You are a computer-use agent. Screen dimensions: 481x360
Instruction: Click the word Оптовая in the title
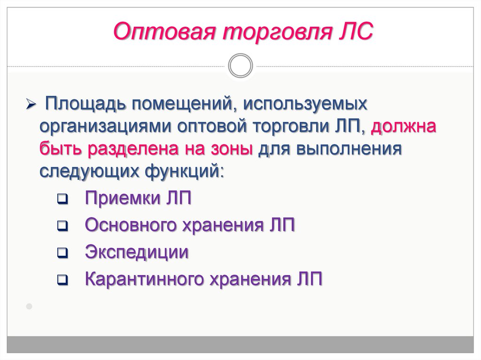(164, 31)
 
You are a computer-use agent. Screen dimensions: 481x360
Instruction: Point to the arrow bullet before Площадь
(31, 104)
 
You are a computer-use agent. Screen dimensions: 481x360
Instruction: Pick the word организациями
(105, 127)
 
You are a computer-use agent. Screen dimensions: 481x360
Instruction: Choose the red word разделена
(133, 149)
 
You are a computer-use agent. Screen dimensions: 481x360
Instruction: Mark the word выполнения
(349, 149)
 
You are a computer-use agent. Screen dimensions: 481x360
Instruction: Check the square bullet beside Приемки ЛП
(62, 199)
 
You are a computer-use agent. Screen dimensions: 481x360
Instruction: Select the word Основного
(131, 225)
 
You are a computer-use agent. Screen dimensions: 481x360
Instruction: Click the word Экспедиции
(137, 253)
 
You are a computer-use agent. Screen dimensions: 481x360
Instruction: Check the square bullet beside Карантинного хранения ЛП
(62, 280)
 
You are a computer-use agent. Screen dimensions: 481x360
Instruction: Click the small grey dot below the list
(29, 306)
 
